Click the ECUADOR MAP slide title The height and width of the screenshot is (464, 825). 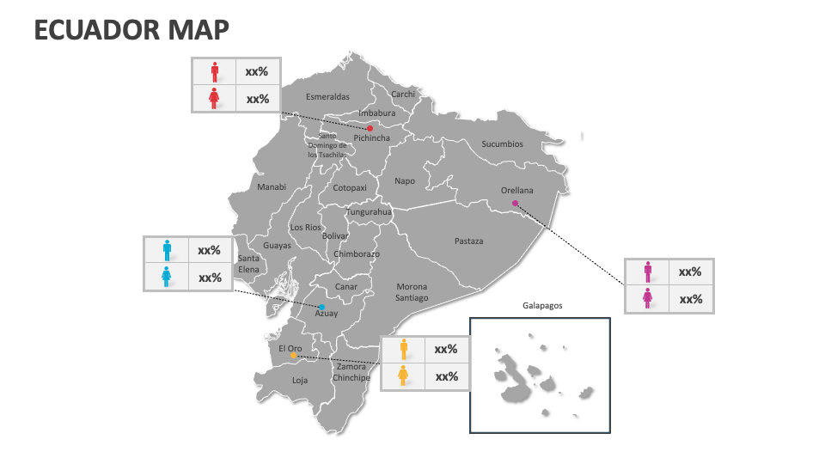point(131,29)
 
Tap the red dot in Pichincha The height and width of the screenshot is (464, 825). point(370,128)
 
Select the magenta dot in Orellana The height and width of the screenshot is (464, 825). point(515,204)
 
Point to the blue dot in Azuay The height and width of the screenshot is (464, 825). point(322,307)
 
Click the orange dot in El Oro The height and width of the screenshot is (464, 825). point(293,355)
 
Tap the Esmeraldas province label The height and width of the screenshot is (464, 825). point(327,97)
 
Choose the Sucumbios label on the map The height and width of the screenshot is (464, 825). point(502,144)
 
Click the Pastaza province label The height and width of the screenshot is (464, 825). point(468,241)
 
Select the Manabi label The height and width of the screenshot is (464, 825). point(272,186)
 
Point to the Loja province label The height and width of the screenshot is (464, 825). point(299,380)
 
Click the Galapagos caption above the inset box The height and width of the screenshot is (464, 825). point(542,305)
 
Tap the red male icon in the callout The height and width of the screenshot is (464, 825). point(214,72)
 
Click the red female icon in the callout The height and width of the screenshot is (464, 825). point(214,99)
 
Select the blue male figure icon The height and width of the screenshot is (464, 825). point(167,250)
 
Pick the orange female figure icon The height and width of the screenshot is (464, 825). point(402,375)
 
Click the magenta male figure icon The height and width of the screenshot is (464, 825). point(647,272)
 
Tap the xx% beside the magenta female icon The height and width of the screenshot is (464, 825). point(691,299)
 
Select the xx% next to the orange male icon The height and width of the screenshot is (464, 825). point(446,350)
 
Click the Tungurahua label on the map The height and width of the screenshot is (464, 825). point(369,212)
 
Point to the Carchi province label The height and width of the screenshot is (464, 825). point(403,95)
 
